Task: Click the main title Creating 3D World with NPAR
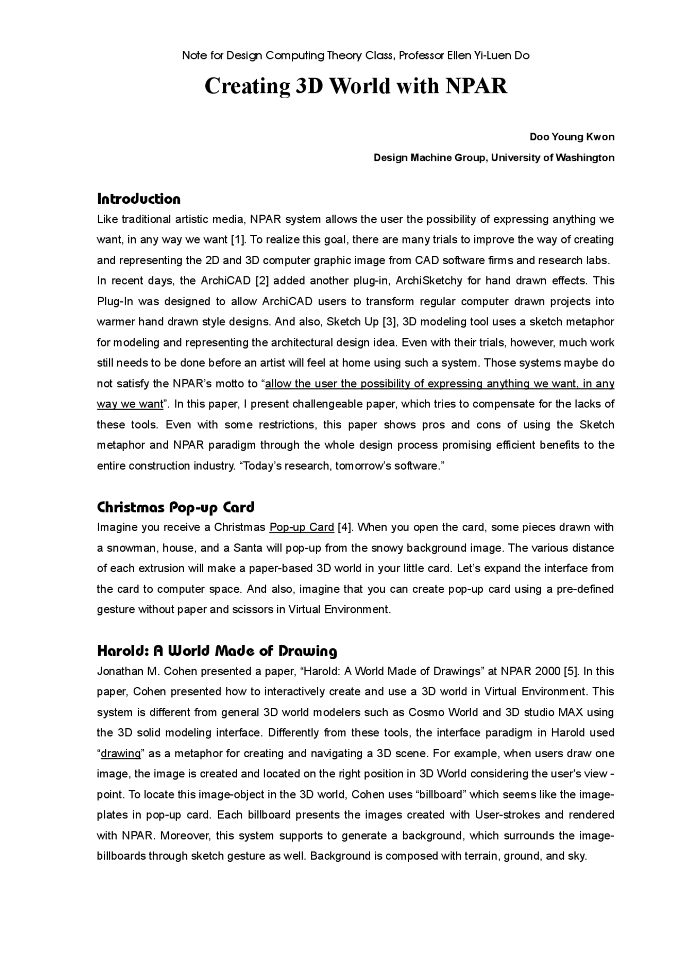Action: coord(356,86)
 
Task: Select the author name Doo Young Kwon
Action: coord(572,137)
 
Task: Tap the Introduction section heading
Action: coord(139,199)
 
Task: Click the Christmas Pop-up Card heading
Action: coord(176,507)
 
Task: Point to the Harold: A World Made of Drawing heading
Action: coord(217,651)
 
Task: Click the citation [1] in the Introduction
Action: coord(238,240)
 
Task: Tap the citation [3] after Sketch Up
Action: coord(390,322)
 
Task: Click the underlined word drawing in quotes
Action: coord(121,754)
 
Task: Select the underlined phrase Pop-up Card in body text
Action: coord(301,527)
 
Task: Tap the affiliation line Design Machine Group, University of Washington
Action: coord(494,158)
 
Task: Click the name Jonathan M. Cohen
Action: coord(128,671)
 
